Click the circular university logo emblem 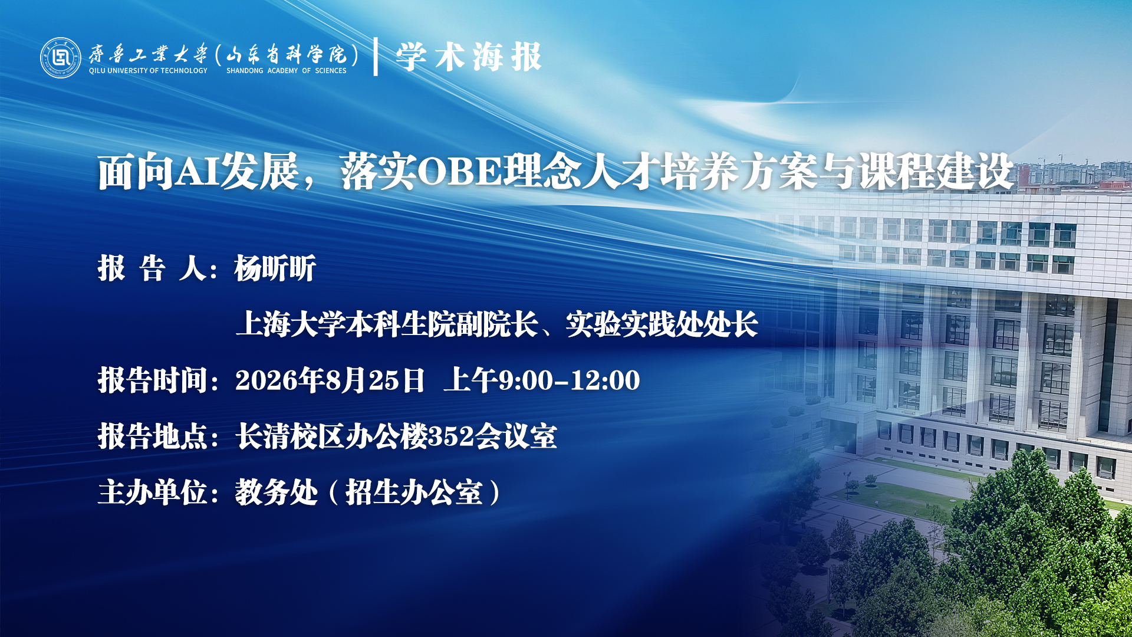60,58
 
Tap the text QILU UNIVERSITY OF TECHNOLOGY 148,71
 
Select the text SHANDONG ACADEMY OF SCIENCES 287,71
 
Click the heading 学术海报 469,57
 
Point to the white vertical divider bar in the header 376,57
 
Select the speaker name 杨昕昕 275,268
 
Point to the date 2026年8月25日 330,380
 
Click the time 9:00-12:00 570,380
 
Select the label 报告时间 152,380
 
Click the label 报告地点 152,436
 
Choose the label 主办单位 152,492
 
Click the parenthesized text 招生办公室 414,492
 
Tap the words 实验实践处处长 662,324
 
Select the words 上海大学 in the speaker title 290,324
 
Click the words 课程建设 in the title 936,172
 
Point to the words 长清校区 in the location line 290,436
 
